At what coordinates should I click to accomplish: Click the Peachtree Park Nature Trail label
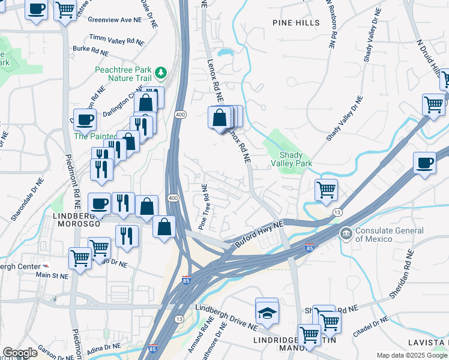122,73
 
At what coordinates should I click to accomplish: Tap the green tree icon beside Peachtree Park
160,73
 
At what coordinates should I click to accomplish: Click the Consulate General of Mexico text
390,235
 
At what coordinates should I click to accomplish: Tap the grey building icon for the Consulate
346,233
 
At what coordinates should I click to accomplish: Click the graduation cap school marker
267,311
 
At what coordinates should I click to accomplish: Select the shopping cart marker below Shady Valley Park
326,190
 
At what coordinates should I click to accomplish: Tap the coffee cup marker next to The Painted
85,119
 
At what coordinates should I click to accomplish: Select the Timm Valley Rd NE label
117,40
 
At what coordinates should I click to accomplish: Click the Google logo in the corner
20,353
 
